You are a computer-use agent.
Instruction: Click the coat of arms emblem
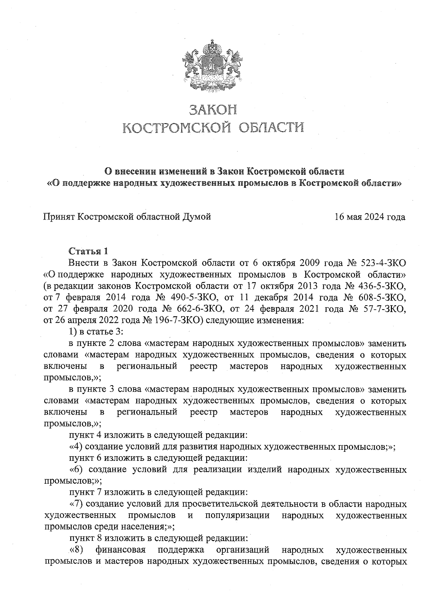(213, 67)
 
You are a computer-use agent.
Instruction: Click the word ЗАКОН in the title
(213, 110)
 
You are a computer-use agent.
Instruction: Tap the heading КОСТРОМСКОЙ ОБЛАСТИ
(213, 127)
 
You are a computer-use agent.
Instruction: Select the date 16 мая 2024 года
(370, 217)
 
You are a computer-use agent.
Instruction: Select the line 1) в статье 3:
(96, 332)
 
